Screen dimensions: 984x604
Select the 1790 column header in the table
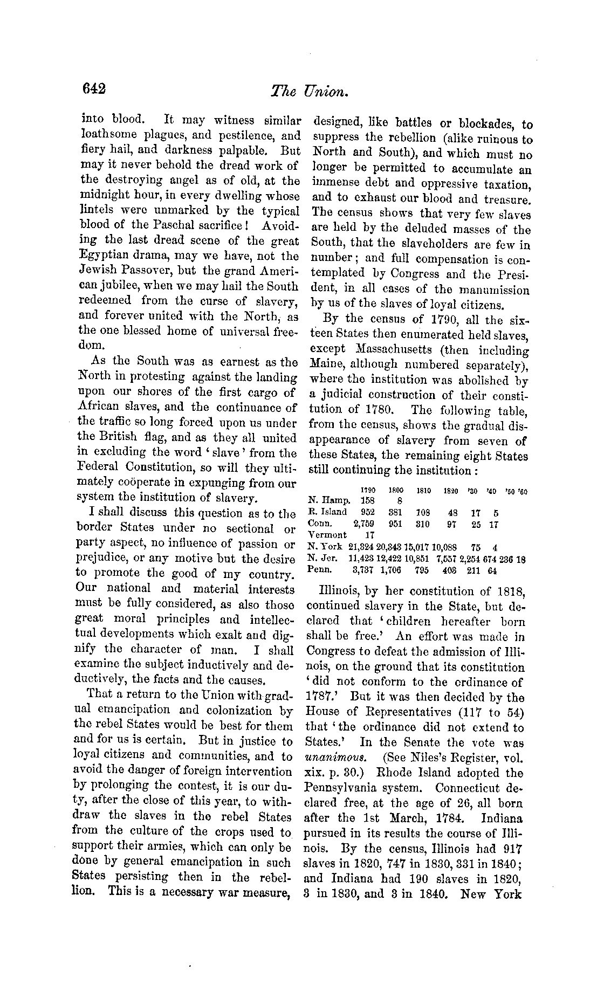click(x=368, y=490)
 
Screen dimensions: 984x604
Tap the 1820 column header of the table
click(x=450, y=490)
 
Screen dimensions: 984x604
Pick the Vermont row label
click(x=327, y=535)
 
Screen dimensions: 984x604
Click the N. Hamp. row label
click(x=329, y=500)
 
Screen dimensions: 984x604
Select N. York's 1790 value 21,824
click(x=362, y=547)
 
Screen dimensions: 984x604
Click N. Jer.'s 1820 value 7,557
click(x=447, y=558)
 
